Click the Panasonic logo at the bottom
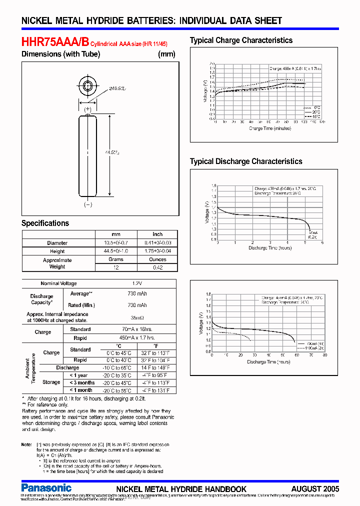(46, 487)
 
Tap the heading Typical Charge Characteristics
(241, 40)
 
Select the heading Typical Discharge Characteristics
(246, 161)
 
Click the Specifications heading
(45, 223)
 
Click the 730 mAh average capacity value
(137, 294)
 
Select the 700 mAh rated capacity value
(137, 305)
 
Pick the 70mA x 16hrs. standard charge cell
(137, 329)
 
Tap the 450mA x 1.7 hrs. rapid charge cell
(137, 338)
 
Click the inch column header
(157, 234)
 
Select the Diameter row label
(57, 243)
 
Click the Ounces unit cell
(157, 259)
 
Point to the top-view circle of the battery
(88, 85)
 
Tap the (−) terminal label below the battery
(88, 204)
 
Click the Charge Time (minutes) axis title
(270, 128)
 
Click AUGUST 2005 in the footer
(315, 489)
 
